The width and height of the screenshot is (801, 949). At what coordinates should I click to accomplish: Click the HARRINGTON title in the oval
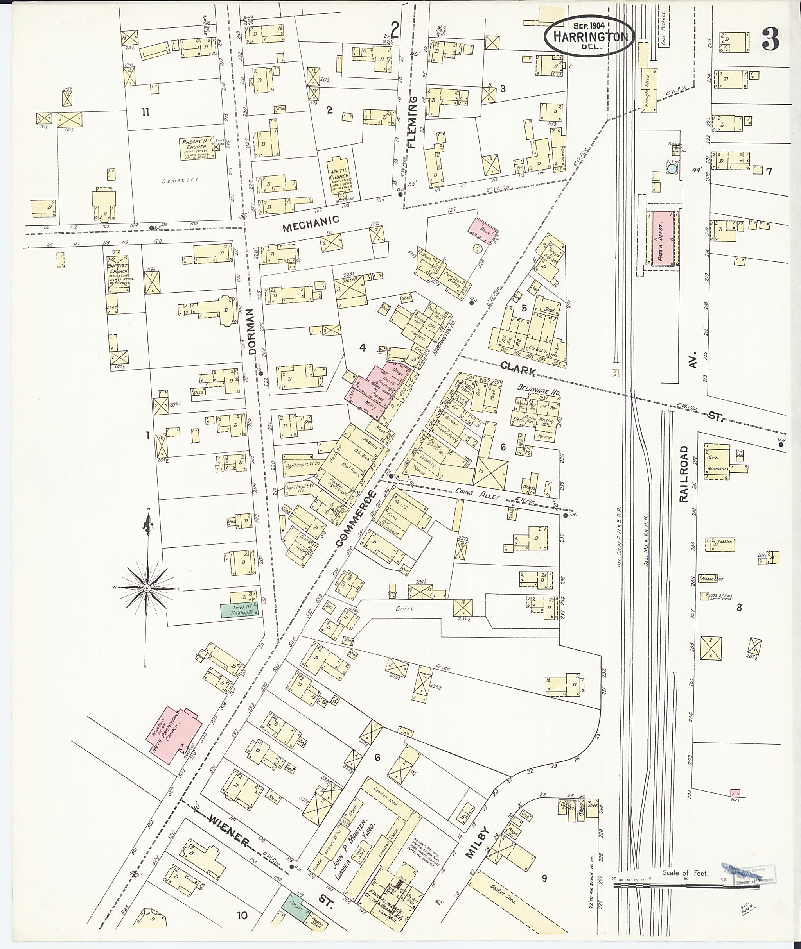click(x=589, y=38)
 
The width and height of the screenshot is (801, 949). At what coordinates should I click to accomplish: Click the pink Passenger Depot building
click(x=663, y=237)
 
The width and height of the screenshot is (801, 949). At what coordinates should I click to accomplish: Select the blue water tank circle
click(x=672, y=169)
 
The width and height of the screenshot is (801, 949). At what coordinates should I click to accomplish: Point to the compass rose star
click(x=147, y=588)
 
